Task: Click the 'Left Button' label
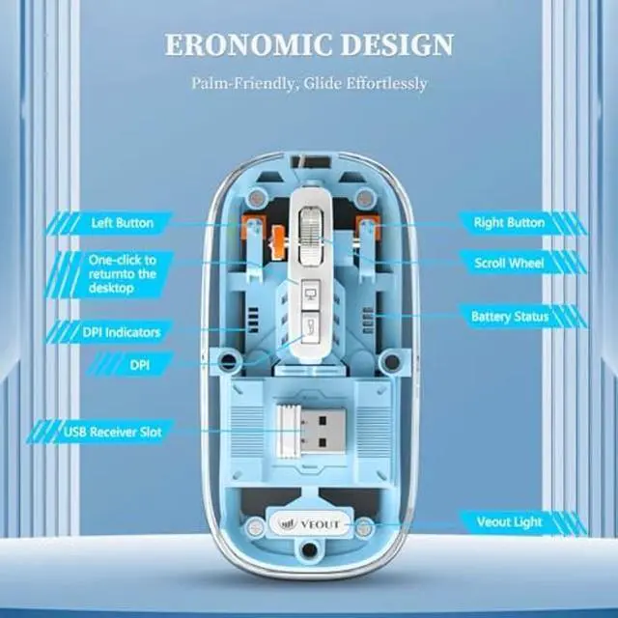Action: [122, 223]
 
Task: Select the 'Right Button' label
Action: [509, 223]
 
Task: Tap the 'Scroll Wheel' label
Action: [509, 263]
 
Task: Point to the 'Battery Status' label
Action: [510, 317]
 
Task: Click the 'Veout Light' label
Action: [509, 522]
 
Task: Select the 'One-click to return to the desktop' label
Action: [123, 273]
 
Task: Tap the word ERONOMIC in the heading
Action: [239, 44]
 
